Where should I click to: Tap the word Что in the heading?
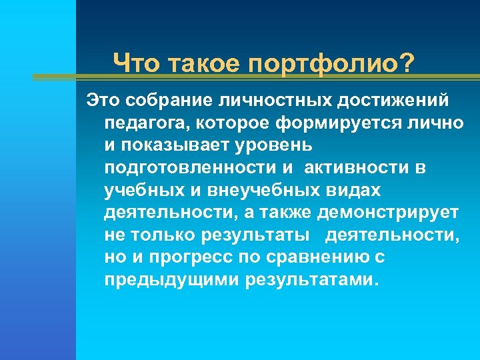(x=135, y=65)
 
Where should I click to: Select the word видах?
(x=357, y=190)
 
